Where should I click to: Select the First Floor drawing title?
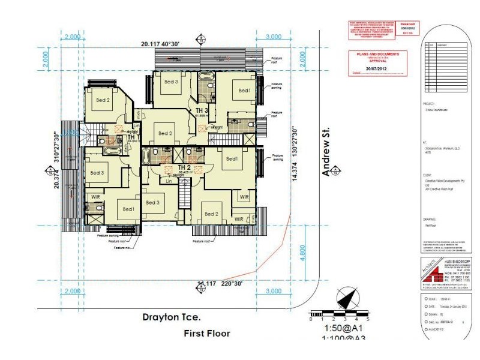(x=207, y=332)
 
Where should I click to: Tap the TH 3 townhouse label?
(x=202, y=111)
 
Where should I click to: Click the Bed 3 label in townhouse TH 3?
(x=172, y=82)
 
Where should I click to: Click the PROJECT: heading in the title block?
(x=428, y=104)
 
